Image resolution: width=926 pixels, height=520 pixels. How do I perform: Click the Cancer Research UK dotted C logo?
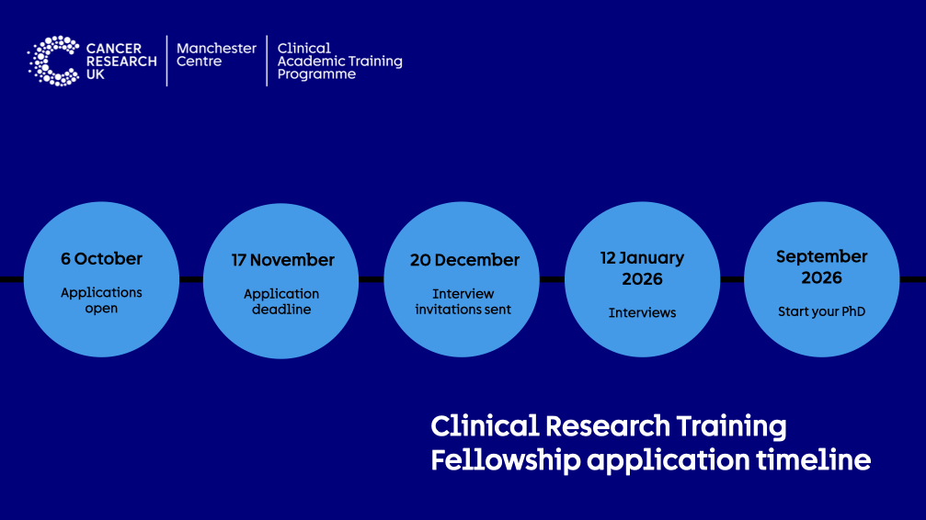click(53, 61)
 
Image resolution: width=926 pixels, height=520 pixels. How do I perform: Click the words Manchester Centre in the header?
click(216, 55)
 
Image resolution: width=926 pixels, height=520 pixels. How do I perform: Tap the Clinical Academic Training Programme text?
click(339, 61)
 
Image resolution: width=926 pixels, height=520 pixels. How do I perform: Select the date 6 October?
click(101, 259)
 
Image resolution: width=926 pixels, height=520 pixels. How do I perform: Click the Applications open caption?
click(101, 300)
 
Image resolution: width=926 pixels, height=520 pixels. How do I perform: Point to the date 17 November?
click(282, 260)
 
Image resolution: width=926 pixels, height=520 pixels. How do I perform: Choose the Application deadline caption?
click(281, 301)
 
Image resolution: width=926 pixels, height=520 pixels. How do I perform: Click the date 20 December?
click(464, 260)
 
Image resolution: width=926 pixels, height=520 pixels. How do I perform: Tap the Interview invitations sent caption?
click(463, 301)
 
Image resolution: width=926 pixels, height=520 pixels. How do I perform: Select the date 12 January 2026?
click(642, 267)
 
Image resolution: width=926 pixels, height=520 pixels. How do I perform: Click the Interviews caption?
click(642, 313)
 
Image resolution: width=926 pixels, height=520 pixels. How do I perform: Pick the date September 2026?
click(821, 266)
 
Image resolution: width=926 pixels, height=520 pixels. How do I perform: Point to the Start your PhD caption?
click(821, 311)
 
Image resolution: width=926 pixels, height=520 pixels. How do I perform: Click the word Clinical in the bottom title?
click(484, 426)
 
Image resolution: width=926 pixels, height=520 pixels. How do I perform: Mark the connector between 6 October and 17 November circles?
click(191, 279)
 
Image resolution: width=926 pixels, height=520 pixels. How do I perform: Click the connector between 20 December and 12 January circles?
click(553, 279)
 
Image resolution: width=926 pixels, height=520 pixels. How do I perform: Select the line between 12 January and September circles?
click(732, 279)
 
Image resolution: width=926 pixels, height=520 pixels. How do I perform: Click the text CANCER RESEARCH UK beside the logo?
click(120, 61)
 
